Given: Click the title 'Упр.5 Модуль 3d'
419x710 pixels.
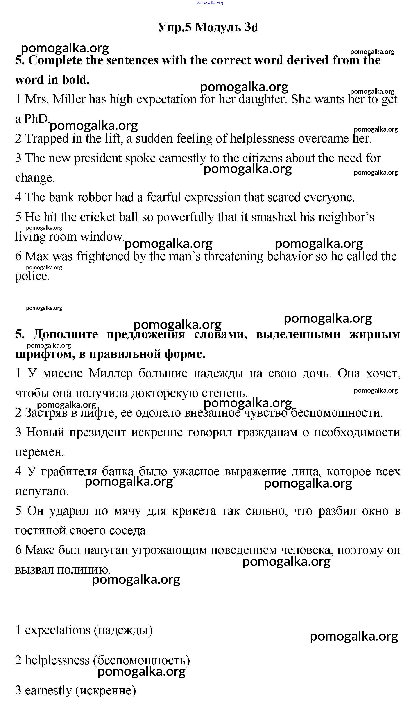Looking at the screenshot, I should [x=208, y=27].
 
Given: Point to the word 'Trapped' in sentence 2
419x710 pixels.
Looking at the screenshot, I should [x=47, y=139].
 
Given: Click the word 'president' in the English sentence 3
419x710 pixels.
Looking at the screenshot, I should [x=98, y=158].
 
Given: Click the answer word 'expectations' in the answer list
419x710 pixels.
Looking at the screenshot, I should [x=58, y=630].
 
